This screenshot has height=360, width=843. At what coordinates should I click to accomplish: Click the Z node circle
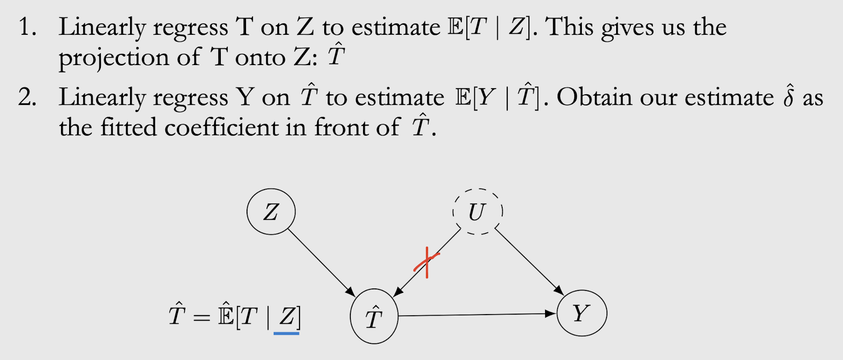coord(271,212)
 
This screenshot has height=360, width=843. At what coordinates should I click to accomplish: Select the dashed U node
coord(477,211)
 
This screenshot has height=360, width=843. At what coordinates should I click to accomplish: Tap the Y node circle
coord(581,313)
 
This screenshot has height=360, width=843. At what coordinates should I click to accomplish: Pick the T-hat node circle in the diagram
coord(374,317)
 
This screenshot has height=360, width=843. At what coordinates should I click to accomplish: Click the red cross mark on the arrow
coord(427,262)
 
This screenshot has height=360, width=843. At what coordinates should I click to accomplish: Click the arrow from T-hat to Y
coord(476,315)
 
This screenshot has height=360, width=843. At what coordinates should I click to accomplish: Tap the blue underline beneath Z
coord(286,333)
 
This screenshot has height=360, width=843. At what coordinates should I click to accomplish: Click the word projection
coord(113,58)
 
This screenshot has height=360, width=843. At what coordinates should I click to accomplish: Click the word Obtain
coord(593,97)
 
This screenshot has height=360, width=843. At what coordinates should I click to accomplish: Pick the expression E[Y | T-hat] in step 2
coord(497,97)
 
